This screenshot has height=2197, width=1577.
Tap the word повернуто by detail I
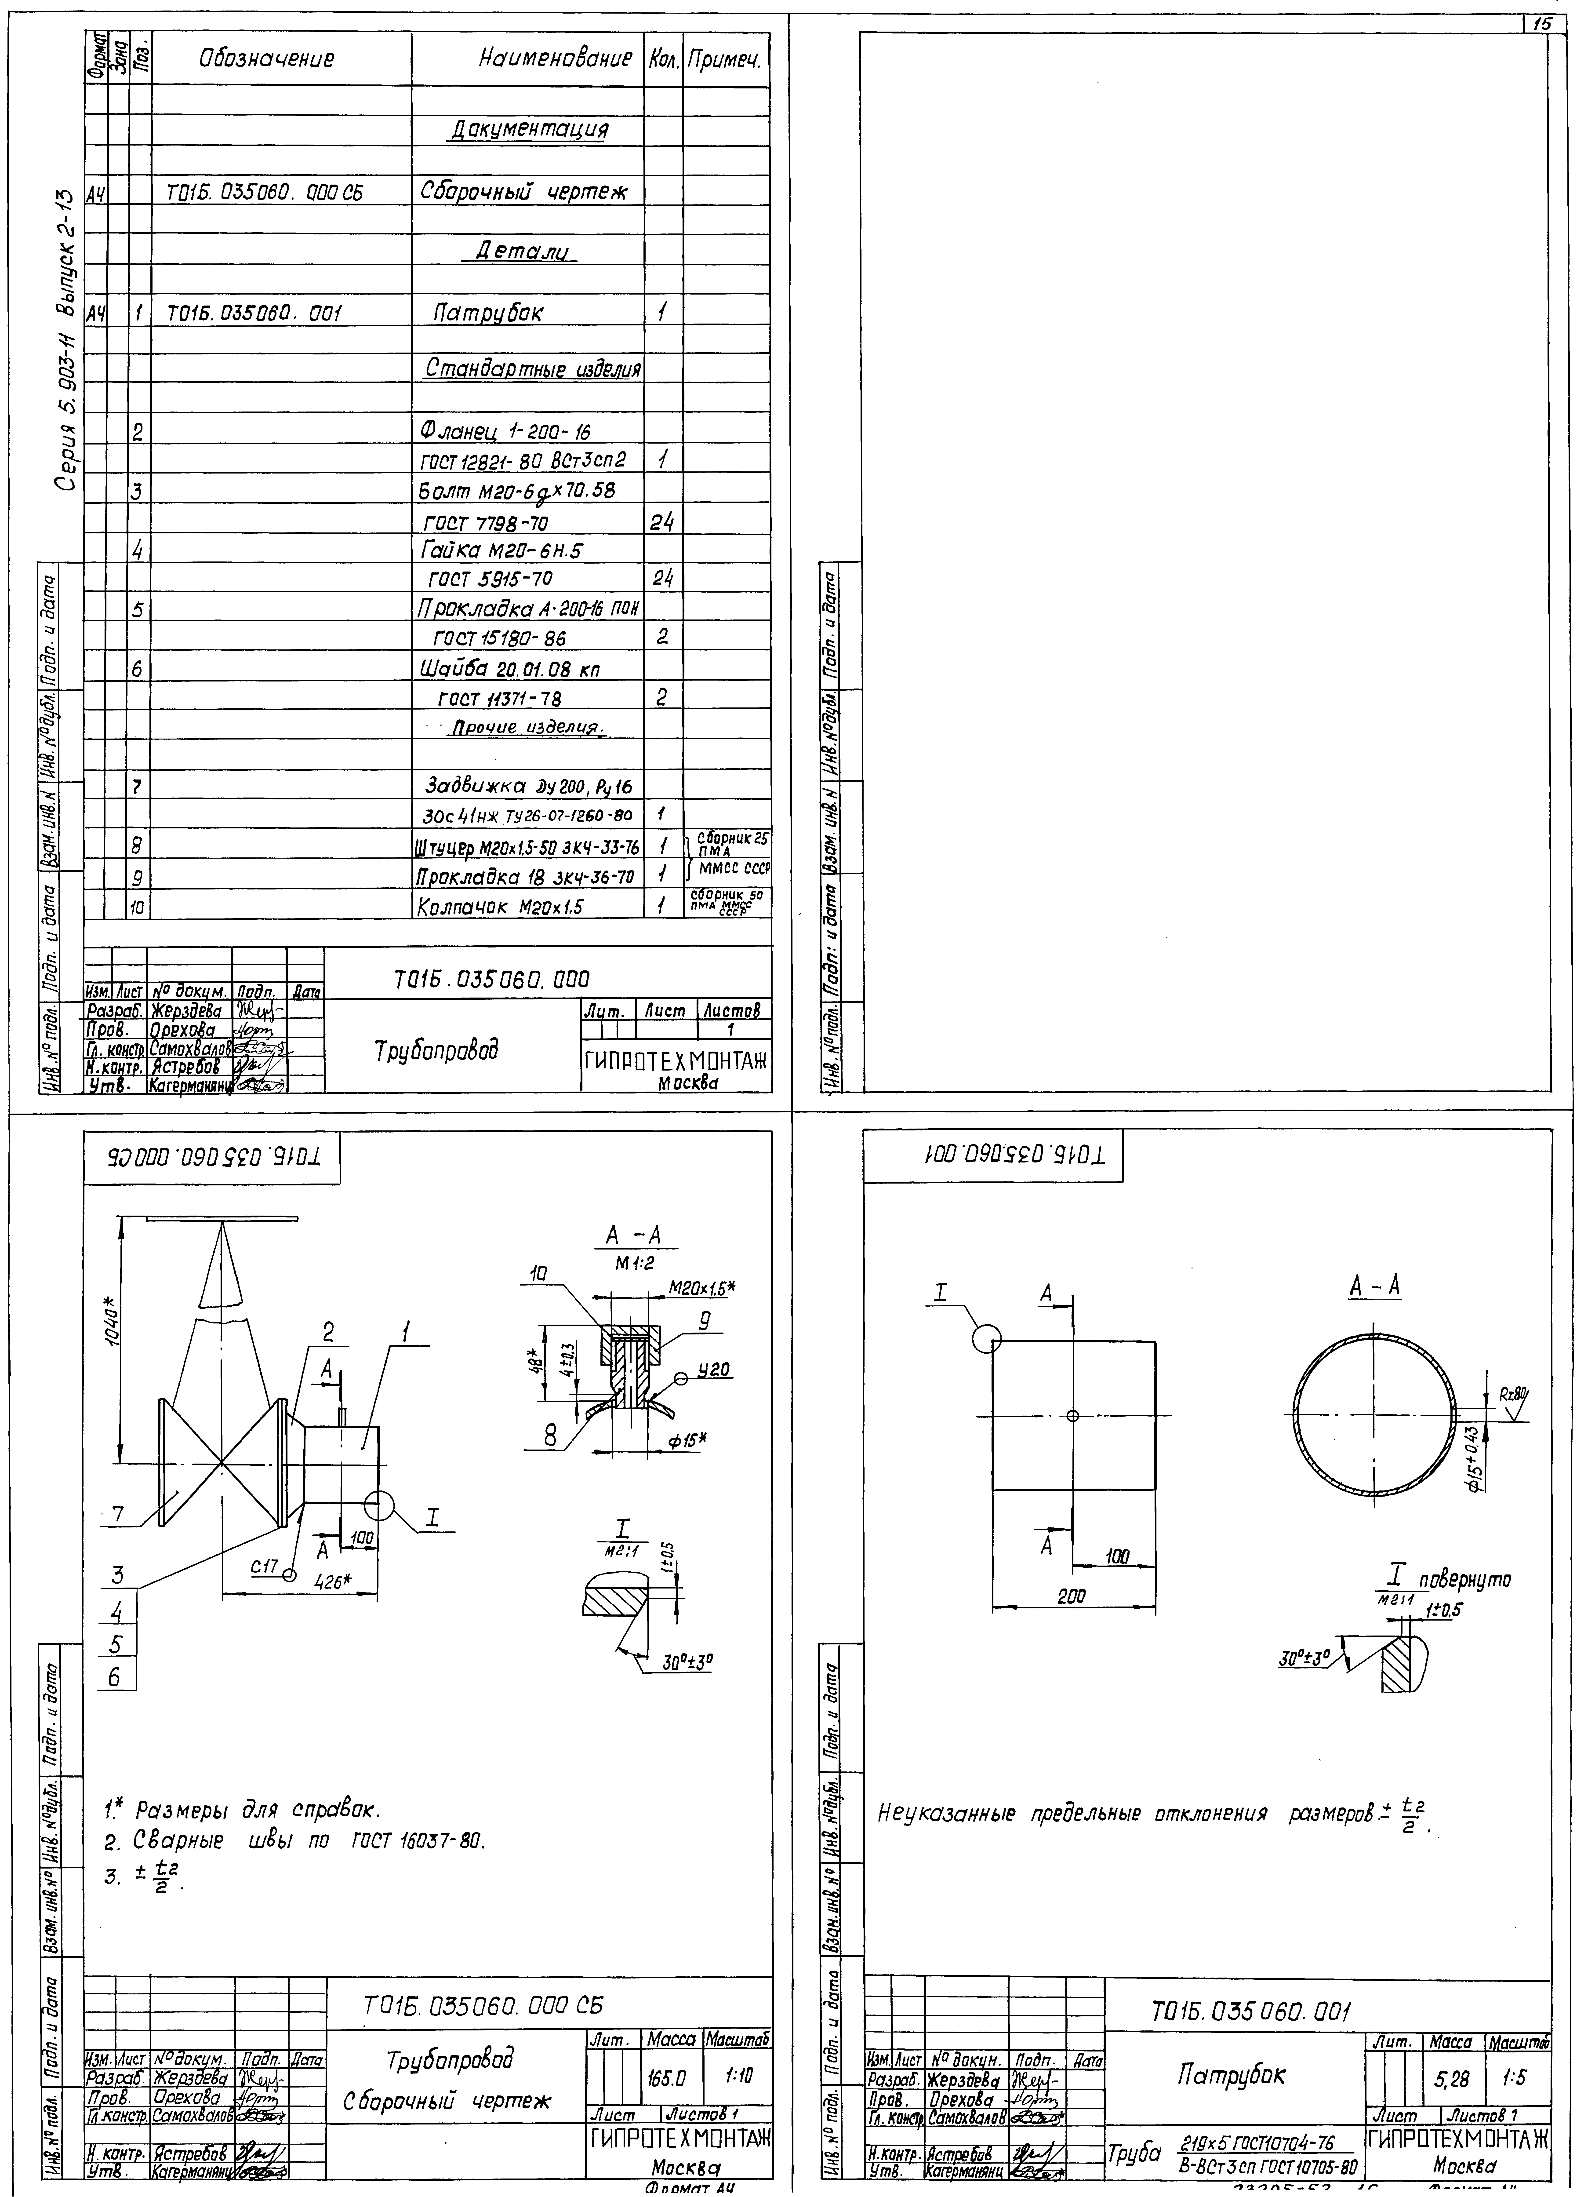click(1468, 1580)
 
